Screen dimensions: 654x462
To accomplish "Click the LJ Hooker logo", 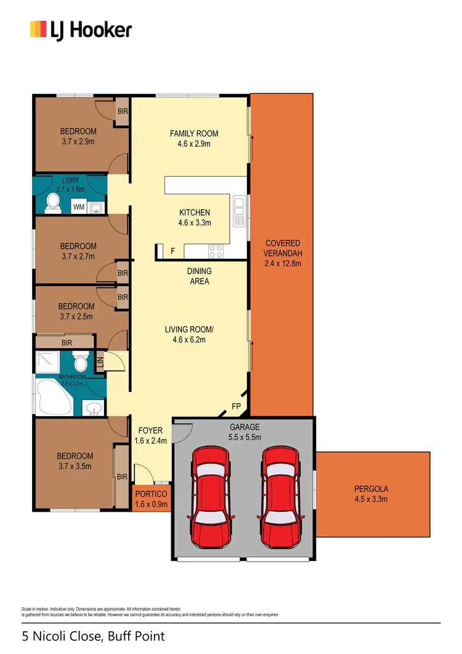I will click(x=81, y=29).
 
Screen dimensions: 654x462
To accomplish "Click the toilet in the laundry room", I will click(x=53, y=202).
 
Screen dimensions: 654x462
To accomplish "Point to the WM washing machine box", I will click(x=79, y=207).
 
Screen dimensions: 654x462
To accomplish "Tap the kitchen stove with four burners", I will click(x=216, y=250).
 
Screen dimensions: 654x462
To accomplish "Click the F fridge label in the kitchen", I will click(x=172, y=251).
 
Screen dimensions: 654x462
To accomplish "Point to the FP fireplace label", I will click(x=236, y=406).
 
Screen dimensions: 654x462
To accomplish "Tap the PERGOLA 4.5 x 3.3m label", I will click(x=371, y=494).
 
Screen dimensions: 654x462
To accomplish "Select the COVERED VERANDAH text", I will click(x=283, y=248).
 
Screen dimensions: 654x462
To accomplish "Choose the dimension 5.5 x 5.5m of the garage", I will click(x=244, y=437).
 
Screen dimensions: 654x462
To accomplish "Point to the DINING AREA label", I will click(x=199, y=276).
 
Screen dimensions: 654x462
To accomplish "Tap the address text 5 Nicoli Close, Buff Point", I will click(x=94, y=636).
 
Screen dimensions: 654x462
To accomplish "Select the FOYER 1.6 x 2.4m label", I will click(x=150, y=436).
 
